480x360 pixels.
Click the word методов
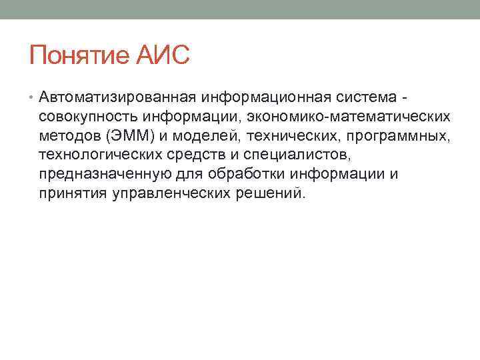(69, 137)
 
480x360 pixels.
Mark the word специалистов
(291, 155)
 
